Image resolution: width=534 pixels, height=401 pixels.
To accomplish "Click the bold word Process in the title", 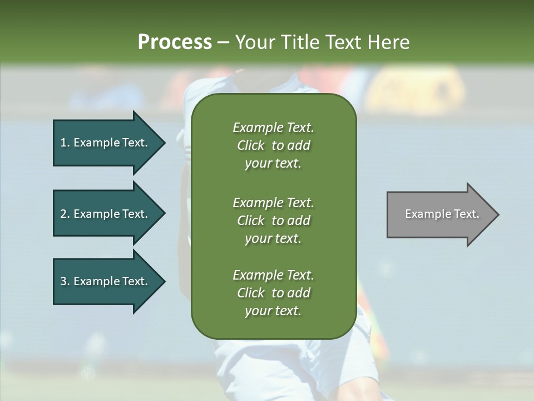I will click(175, 42).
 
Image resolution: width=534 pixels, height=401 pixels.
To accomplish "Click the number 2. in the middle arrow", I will click(65, 214).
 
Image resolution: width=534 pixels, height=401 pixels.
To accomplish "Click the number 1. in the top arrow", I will click(65, 143).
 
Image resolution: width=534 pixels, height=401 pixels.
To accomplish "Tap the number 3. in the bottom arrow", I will click(65, 282).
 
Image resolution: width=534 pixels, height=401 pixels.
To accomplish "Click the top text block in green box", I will click(273, 145).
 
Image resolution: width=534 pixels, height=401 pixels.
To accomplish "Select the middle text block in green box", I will click(273, 221).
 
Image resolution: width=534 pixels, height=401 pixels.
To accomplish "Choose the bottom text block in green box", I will click(273, 293).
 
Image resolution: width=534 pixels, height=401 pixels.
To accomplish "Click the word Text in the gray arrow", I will click(467, 214).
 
